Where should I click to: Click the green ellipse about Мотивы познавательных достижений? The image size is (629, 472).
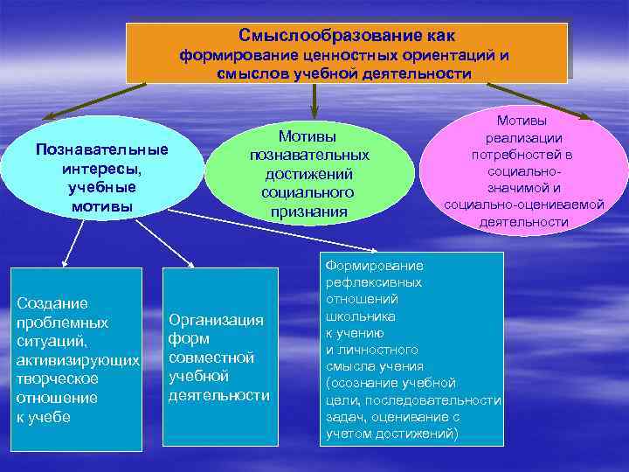click(309, 174)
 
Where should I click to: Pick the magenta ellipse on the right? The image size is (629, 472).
click(523, 171)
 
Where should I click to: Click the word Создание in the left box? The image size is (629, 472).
click(52, 303)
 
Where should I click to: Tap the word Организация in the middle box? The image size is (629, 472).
click(215, 319)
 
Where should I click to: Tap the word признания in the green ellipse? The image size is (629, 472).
click(309, 212)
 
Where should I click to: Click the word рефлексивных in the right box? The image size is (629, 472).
click(373, 282)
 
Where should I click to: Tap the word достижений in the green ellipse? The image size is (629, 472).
click(309, 173)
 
